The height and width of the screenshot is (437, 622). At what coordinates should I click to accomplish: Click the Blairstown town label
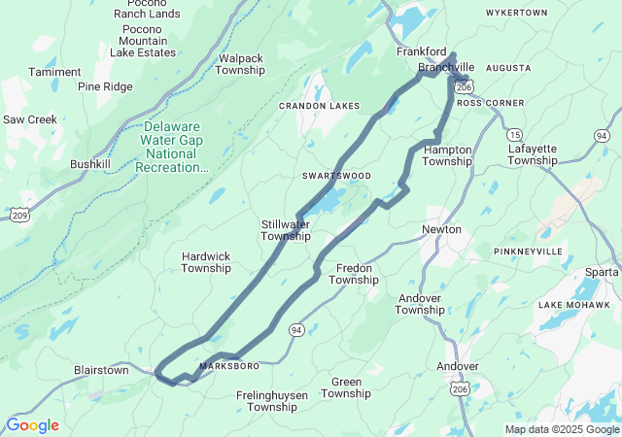point(101,370)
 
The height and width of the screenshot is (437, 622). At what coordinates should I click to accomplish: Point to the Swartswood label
point(336,176)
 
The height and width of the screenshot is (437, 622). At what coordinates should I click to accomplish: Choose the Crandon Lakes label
point(319,106)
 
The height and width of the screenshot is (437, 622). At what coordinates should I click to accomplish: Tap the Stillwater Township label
point(286,230)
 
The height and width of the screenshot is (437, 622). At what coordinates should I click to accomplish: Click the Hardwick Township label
point(206,262)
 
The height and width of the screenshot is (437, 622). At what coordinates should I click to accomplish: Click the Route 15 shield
point(515,134)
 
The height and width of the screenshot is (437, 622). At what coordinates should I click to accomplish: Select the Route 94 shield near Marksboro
point(295,330)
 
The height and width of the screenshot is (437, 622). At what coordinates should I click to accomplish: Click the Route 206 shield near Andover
point(457,388)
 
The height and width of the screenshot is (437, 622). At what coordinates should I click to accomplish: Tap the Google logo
point(32,425)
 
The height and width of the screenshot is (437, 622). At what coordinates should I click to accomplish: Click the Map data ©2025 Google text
point(561,429)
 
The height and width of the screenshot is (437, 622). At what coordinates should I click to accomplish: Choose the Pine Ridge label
point(105,86)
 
